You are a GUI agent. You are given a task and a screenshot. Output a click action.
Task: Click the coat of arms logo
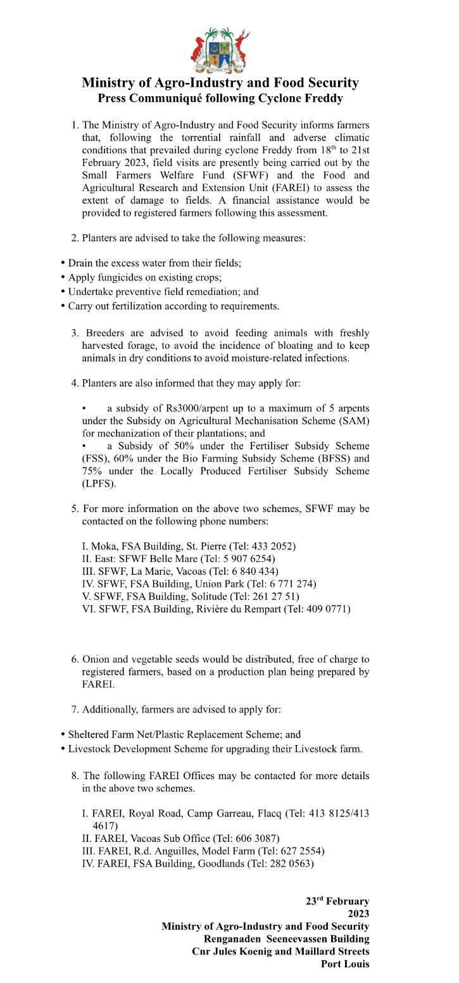(220, 50)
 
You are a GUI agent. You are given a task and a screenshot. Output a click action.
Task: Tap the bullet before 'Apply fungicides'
(63, 277)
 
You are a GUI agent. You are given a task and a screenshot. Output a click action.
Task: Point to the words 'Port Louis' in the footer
(345, 964)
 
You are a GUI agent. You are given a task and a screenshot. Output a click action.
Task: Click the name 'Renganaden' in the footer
(232, 939)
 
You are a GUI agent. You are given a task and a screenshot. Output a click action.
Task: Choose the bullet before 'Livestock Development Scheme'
(63, 749)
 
